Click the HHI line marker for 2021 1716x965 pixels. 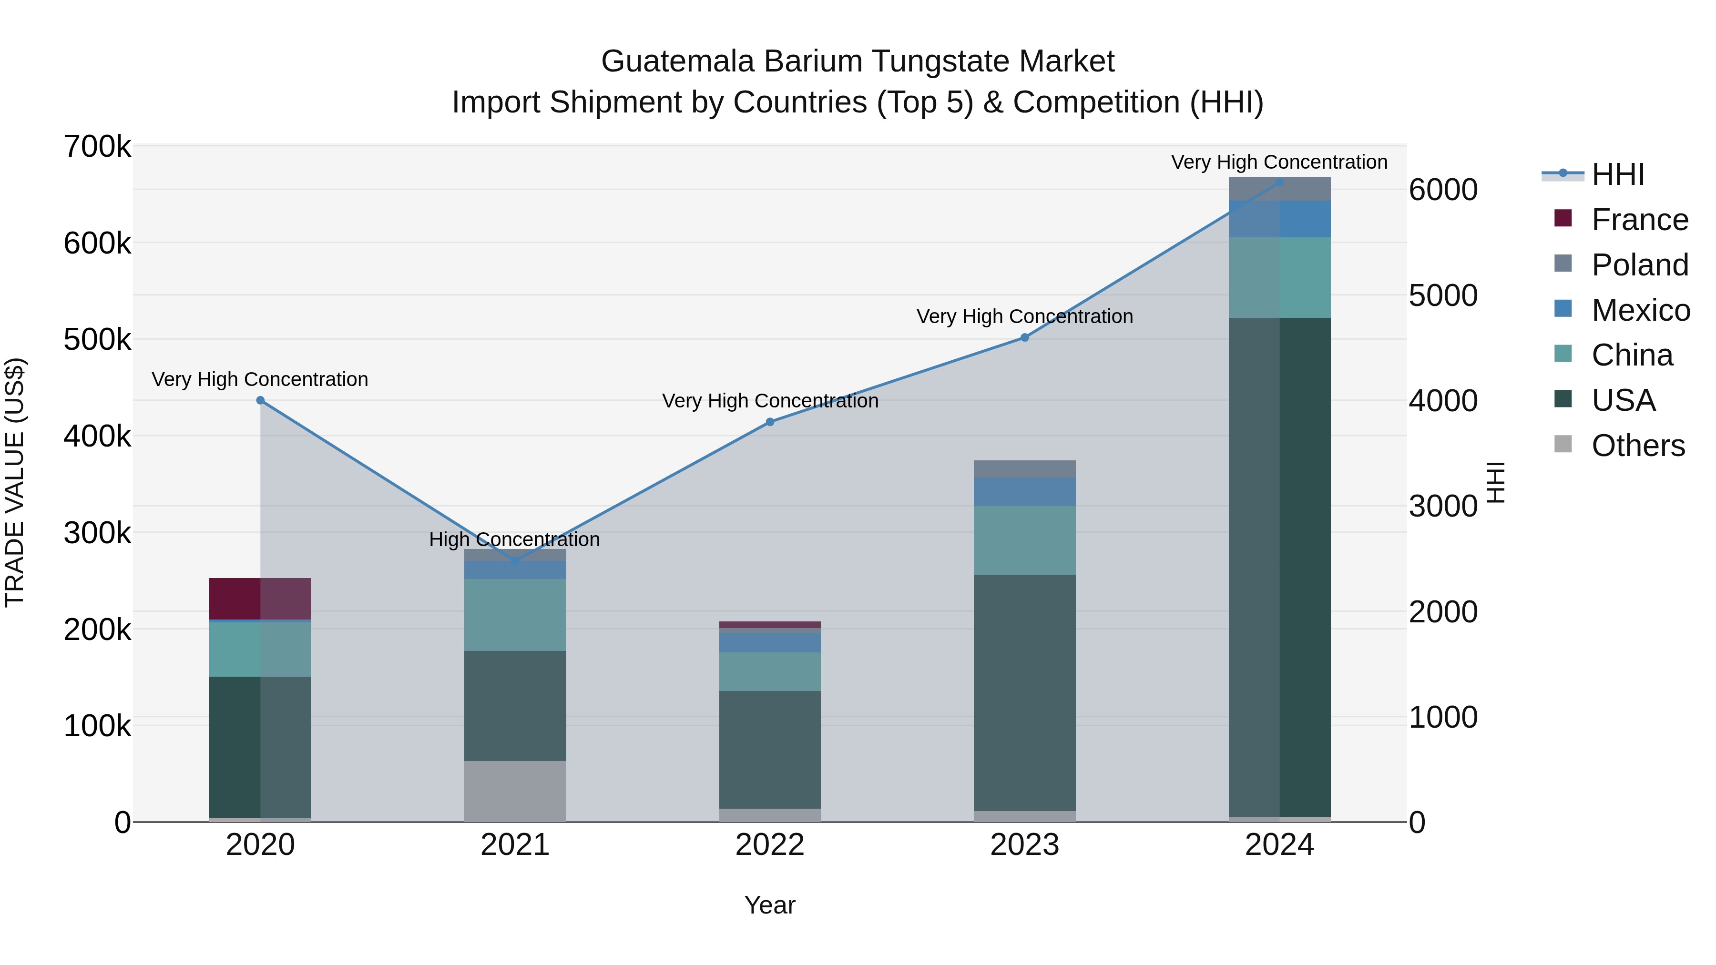(515, 561)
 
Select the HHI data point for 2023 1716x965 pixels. (1024, 338)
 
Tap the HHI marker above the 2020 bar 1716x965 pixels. (260, 400)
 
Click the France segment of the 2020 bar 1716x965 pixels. (260, 598)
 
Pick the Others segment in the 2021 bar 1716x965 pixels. (515, 791)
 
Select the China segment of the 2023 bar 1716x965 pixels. (1024, 540)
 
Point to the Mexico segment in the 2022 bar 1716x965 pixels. (770, 641)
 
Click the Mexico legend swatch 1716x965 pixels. (1563, 309)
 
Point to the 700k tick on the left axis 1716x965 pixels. (97, 147)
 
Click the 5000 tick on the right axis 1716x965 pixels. (1443, 295)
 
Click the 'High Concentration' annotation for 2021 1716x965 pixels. (514, 539)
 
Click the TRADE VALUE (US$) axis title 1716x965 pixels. (15, 482)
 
